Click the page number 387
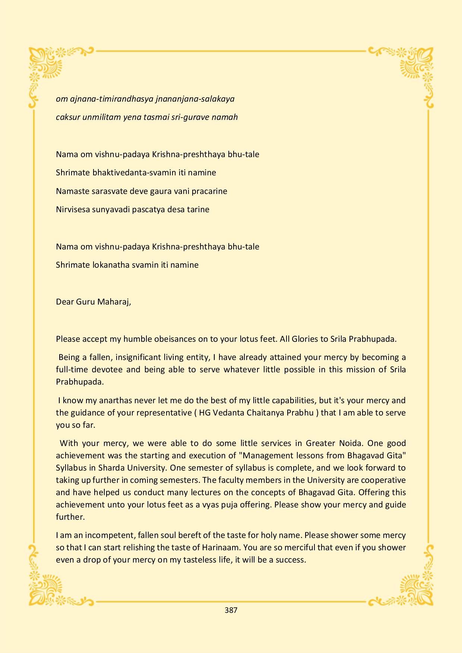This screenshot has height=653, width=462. pos(231,610)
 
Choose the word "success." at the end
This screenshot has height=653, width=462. pos(291,560)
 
